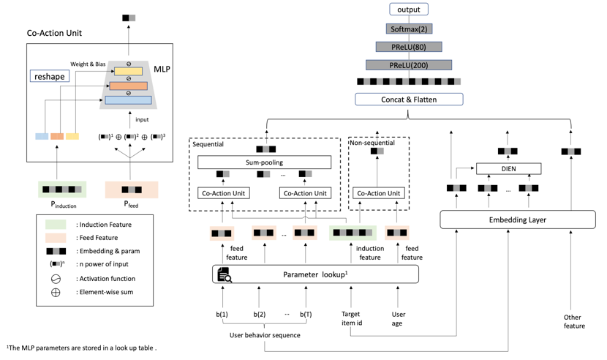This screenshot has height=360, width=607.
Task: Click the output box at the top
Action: click(408, 10)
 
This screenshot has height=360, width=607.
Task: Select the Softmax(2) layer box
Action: click(409, 29)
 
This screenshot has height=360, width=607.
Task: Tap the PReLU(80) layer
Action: click(409, 47)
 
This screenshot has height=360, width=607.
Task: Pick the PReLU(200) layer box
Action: click(409, 65)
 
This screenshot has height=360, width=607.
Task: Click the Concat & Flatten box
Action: click(409, 100)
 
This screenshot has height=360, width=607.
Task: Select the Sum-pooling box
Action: click(265, 162)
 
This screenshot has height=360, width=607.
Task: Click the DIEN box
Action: click(508, 168)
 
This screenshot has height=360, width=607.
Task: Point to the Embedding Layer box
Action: click(518, 220)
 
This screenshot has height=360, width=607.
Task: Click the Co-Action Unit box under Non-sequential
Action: click(379, 193)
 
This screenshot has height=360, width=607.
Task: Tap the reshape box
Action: click(50, 76)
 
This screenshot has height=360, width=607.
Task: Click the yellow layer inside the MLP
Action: click(128, 71)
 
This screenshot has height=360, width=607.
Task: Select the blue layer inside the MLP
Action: click(128, 100)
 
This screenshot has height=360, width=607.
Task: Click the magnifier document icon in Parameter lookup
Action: click(224, 274)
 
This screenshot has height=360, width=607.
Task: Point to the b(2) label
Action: click(260, 315)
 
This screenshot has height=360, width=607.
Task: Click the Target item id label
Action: click(352, 318)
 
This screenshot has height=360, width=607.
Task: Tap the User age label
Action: click(398, 318)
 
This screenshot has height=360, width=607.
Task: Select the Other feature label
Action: click(573, 321)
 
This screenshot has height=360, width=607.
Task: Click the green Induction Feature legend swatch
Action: click(56, 225)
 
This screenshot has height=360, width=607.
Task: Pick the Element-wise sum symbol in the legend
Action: click(56, 293)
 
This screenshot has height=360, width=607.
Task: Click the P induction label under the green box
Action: click(64, 204)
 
